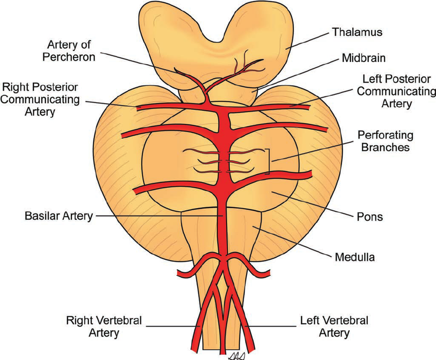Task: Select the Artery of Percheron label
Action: pyautogui.click(x=72, y=50)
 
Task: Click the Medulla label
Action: pyautogui.click(x=353, y=256)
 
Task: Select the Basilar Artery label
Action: pyautogui.click(x=59, y=216)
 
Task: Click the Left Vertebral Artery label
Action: pyautogui.click(x=334, y=327)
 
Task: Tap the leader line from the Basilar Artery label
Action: pyautogui.click(x=154, y=216)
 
